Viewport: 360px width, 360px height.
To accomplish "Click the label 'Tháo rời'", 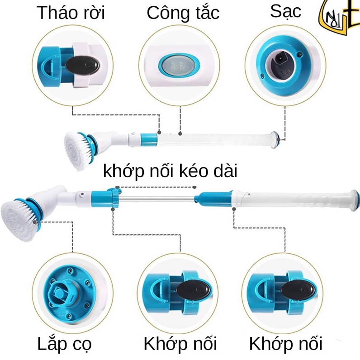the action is click(x=71, y=13).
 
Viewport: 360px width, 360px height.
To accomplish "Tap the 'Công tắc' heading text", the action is click(x=183, y=13).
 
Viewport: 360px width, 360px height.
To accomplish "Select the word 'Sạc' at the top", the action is click(x=285, y=11).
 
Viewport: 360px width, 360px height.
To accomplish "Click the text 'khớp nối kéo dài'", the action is click(x=170, y=171).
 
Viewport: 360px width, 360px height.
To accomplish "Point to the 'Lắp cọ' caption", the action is click(x=65, y=344).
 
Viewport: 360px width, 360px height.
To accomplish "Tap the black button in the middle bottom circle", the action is click(x=193, y=290).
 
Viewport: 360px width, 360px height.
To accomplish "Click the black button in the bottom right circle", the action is click(x=298, y=290).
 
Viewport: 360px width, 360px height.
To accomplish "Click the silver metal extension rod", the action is click(x=157, y=199).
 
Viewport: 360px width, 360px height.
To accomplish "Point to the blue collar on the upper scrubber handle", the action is click(x=148, y=139).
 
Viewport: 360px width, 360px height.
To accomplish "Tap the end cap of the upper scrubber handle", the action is click(x=275, y=140).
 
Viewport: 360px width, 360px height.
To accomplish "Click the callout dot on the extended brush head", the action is click(x=35, y=222).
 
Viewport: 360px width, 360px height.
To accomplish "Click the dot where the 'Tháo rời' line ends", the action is click(x=159, y=132).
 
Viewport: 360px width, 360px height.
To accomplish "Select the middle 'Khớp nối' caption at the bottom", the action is click(x=180, y=344).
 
